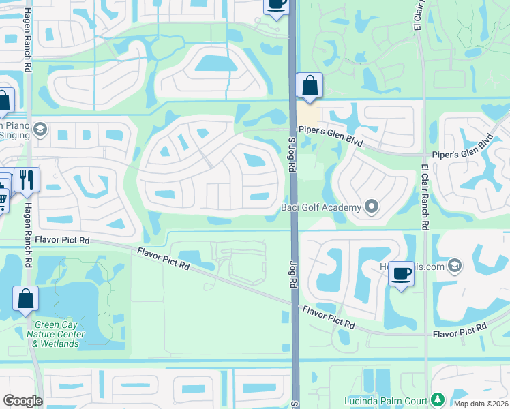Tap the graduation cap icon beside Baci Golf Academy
[x=372, y=206]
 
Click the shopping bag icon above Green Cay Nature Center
[x=25, y=299]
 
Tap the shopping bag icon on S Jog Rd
[x=310, y=87]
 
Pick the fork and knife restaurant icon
[x=27, y=180]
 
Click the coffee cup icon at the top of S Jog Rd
[x=276, y=5]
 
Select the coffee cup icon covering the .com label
[x=401, y=275]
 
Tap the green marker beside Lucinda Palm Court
[x=436, y=399]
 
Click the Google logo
[x=22, y=400]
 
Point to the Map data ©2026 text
[x=480, y=404]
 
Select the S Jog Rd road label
[x=291, y=155]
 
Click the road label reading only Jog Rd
[x=291, y=256]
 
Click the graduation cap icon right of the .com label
[x=455, y=265]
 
